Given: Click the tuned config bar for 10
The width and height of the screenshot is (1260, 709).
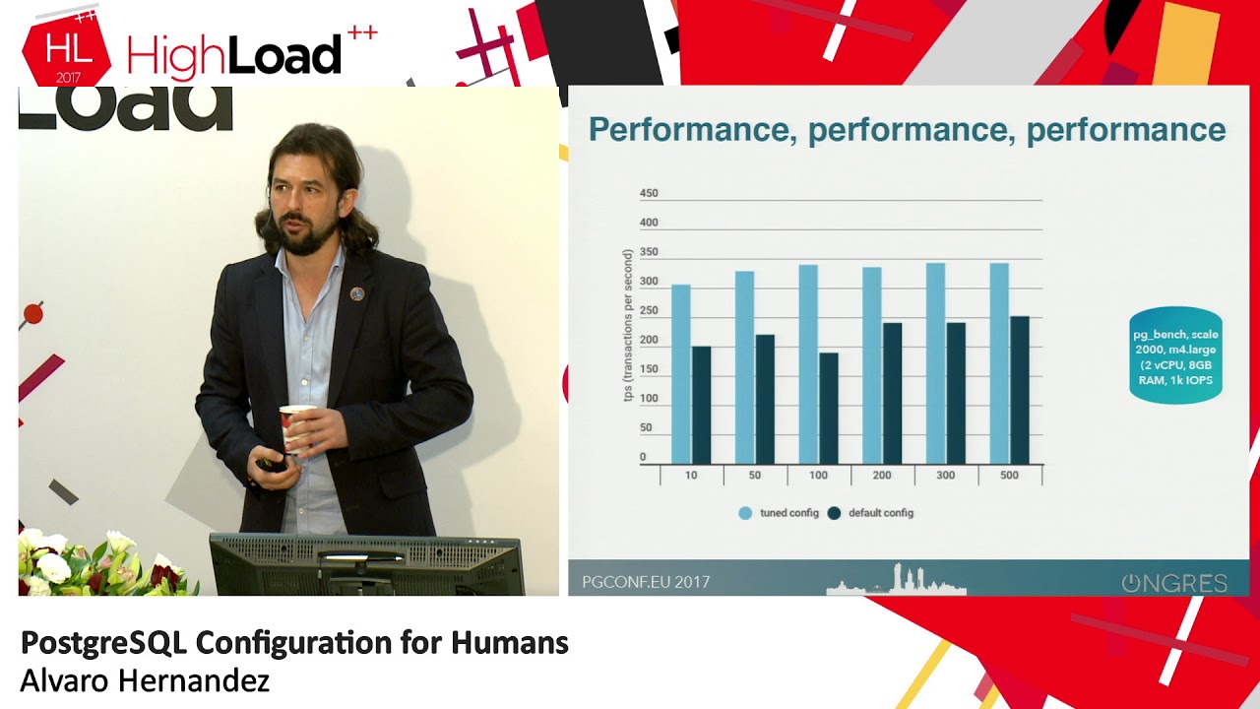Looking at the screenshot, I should (x=680, y=374).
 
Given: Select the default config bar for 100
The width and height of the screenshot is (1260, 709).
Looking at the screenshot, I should (x=829, y=408).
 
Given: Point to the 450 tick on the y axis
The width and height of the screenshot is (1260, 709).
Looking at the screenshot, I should (x=649, y=194).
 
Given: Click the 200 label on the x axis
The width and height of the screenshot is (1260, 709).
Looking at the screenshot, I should (x=882, y=476).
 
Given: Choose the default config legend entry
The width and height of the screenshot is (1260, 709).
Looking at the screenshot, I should (x=871, y=513).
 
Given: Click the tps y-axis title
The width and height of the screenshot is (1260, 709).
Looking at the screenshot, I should (x=627, y=325).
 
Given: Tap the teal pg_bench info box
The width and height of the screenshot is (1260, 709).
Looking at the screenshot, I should (x=1175, y=357).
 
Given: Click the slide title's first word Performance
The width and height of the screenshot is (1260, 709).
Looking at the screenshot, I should (x=688, y=130).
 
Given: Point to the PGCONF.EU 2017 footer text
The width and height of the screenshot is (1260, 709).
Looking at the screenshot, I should (x=646, y=582).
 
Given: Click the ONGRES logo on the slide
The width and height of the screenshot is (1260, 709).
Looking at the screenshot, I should (x=1174, y=583).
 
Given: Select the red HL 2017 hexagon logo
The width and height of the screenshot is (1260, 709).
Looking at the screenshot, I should (x=65, y=55).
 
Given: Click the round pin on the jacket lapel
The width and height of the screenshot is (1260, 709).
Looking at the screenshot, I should (x=357, y=293).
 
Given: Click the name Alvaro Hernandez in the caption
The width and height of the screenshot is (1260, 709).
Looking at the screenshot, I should (x=145, y=680).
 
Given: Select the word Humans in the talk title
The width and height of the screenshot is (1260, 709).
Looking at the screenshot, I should (x=509, y=643).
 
